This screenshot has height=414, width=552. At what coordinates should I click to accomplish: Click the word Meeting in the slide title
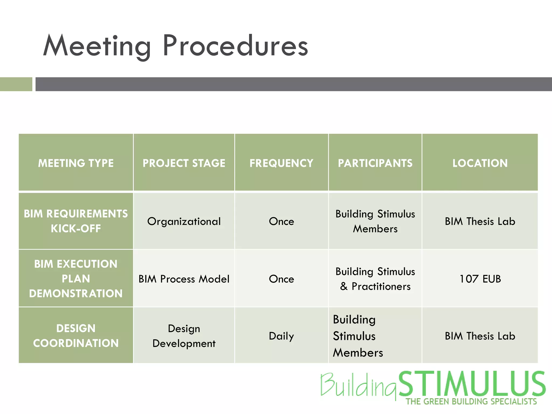(x=97, y=46)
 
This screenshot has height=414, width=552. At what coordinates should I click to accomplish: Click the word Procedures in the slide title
(x=235, y=46)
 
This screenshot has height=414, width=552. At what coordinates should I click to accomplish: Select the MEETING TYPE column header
(x=76, y=163)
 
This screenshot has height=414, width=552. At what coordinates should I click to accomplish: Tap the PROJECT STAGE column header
(x=184, y=163)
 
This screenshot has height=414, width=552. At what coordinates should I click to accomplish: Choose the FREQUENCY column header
(x=281, y=163)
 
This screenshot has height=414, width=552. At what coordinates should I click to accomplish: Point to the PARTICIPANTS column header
(x=375, y=163)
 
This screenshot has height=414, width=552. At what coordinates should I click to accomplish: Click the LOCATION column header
(x=480, y=163)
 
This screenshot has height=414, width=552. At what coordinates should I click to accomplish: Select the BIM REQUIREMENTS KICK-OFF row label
(x=76, y=221)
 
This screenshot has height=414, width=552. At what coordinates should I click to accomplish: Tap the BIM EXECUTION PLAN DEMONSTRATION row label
(x=76, y=278)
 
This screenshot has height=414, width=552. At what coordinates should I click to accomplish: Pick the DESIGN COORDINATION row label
(x=76, y=336)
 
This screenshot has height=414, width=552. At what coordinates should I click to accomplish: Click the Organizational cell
(x=184, y=221)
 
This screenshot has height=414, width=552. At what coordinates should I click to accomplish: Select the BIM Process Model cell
(x=184, y=279)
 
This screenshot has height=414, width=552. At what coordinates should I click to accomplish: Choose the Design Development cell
(x=184, y=336)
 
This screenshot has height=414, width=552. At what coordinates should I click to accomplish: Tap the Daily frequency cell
(x=281, y=336)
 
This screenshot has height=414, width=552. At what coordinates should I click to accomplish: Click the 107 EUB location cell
(x=480, y=279)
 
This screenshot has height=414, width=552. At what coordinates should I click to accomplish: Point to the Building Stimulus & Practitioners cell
(x=375, y=279)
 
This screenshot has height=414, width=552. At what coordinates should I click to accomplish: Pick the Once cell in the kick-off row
(x=281, y=221)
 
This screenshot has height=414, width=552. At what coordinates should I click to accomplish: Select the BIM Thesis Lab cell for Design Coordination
(x=480, y=336)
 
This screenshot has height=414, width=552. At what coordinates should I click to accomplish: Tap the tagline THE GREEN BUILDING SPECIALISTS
(x=471, y=402)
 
